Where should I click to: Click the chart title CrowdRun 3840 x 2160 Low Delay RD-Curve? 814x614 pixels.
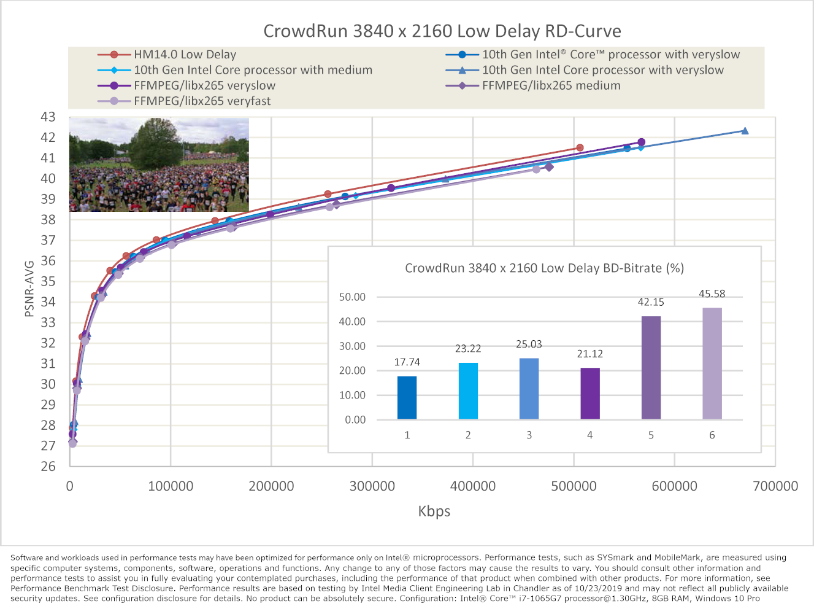pos(442,31)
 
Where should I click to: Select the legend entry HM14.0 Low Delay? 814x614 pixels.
pos(185,55)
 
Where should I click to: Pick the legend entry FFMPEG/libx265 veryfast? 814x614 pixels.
pos(202,101)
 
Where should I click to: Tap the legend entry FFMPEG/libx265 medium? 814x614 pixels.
pos(550,86)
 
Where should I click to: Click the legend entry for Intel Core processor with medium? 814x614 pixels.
pos(253,71)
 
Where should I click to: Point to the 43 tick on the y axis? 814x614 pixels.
pos(48,117)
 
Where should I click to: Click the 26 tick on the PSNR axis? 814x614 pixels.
pos(48,466)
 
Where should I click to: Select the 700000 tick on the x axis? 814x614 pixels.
pos(775,486)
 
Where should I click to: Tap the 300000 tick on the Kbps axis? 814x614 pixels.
pos(372,486)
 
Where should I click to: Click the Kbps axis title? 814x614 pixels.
pos(434,511)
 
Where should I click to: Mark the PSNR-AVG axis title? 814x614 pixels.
pos(29,289)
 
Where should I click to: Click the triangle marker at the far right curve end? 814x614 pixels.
pos(745,131)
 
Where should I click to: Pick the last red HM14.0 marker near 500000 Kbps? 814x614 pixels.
pos(580,148)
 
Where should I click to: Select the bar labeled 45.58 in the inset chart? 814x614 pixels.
pos(712,363)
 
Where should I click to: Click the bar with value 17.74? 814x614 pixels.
pos(407,398)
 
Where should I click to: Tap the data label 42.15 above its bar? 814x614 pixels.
pos(651,302)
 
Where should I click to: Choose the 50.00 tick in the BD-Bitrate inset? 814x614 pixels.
pos(352,297)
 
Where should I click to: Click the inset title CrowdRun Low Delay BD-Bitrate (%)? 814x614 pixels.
pos(544,268)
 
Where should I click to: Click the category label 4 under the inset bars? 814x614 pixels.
pos(589,435)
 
